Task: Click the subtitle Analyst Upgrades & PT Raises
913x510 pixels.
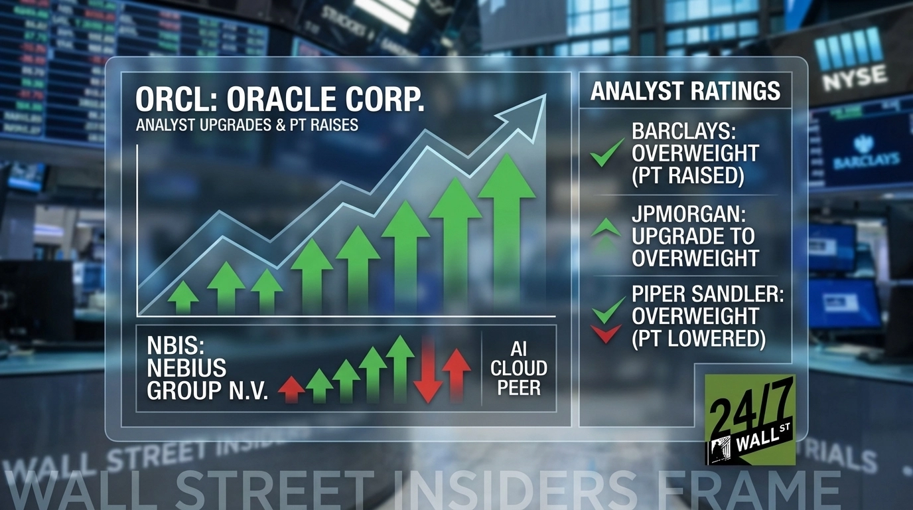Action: click(247, 125)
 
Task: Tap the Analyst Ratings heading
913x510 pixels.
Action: click(685, 90)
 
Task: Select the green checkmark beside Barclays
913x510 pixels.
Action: click(606, 153)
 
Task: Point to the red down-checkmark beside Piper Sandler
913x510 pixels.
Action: click(606, 332)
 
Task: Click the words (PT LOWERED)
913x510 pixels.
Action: click(699, 339)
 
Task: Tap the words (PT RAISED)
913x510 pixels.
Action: click(687, 176)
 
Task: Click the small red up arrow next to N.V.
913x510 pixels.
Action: click(291, 388)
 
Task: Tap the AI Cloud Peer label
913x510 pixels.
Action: click(519, 369)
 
